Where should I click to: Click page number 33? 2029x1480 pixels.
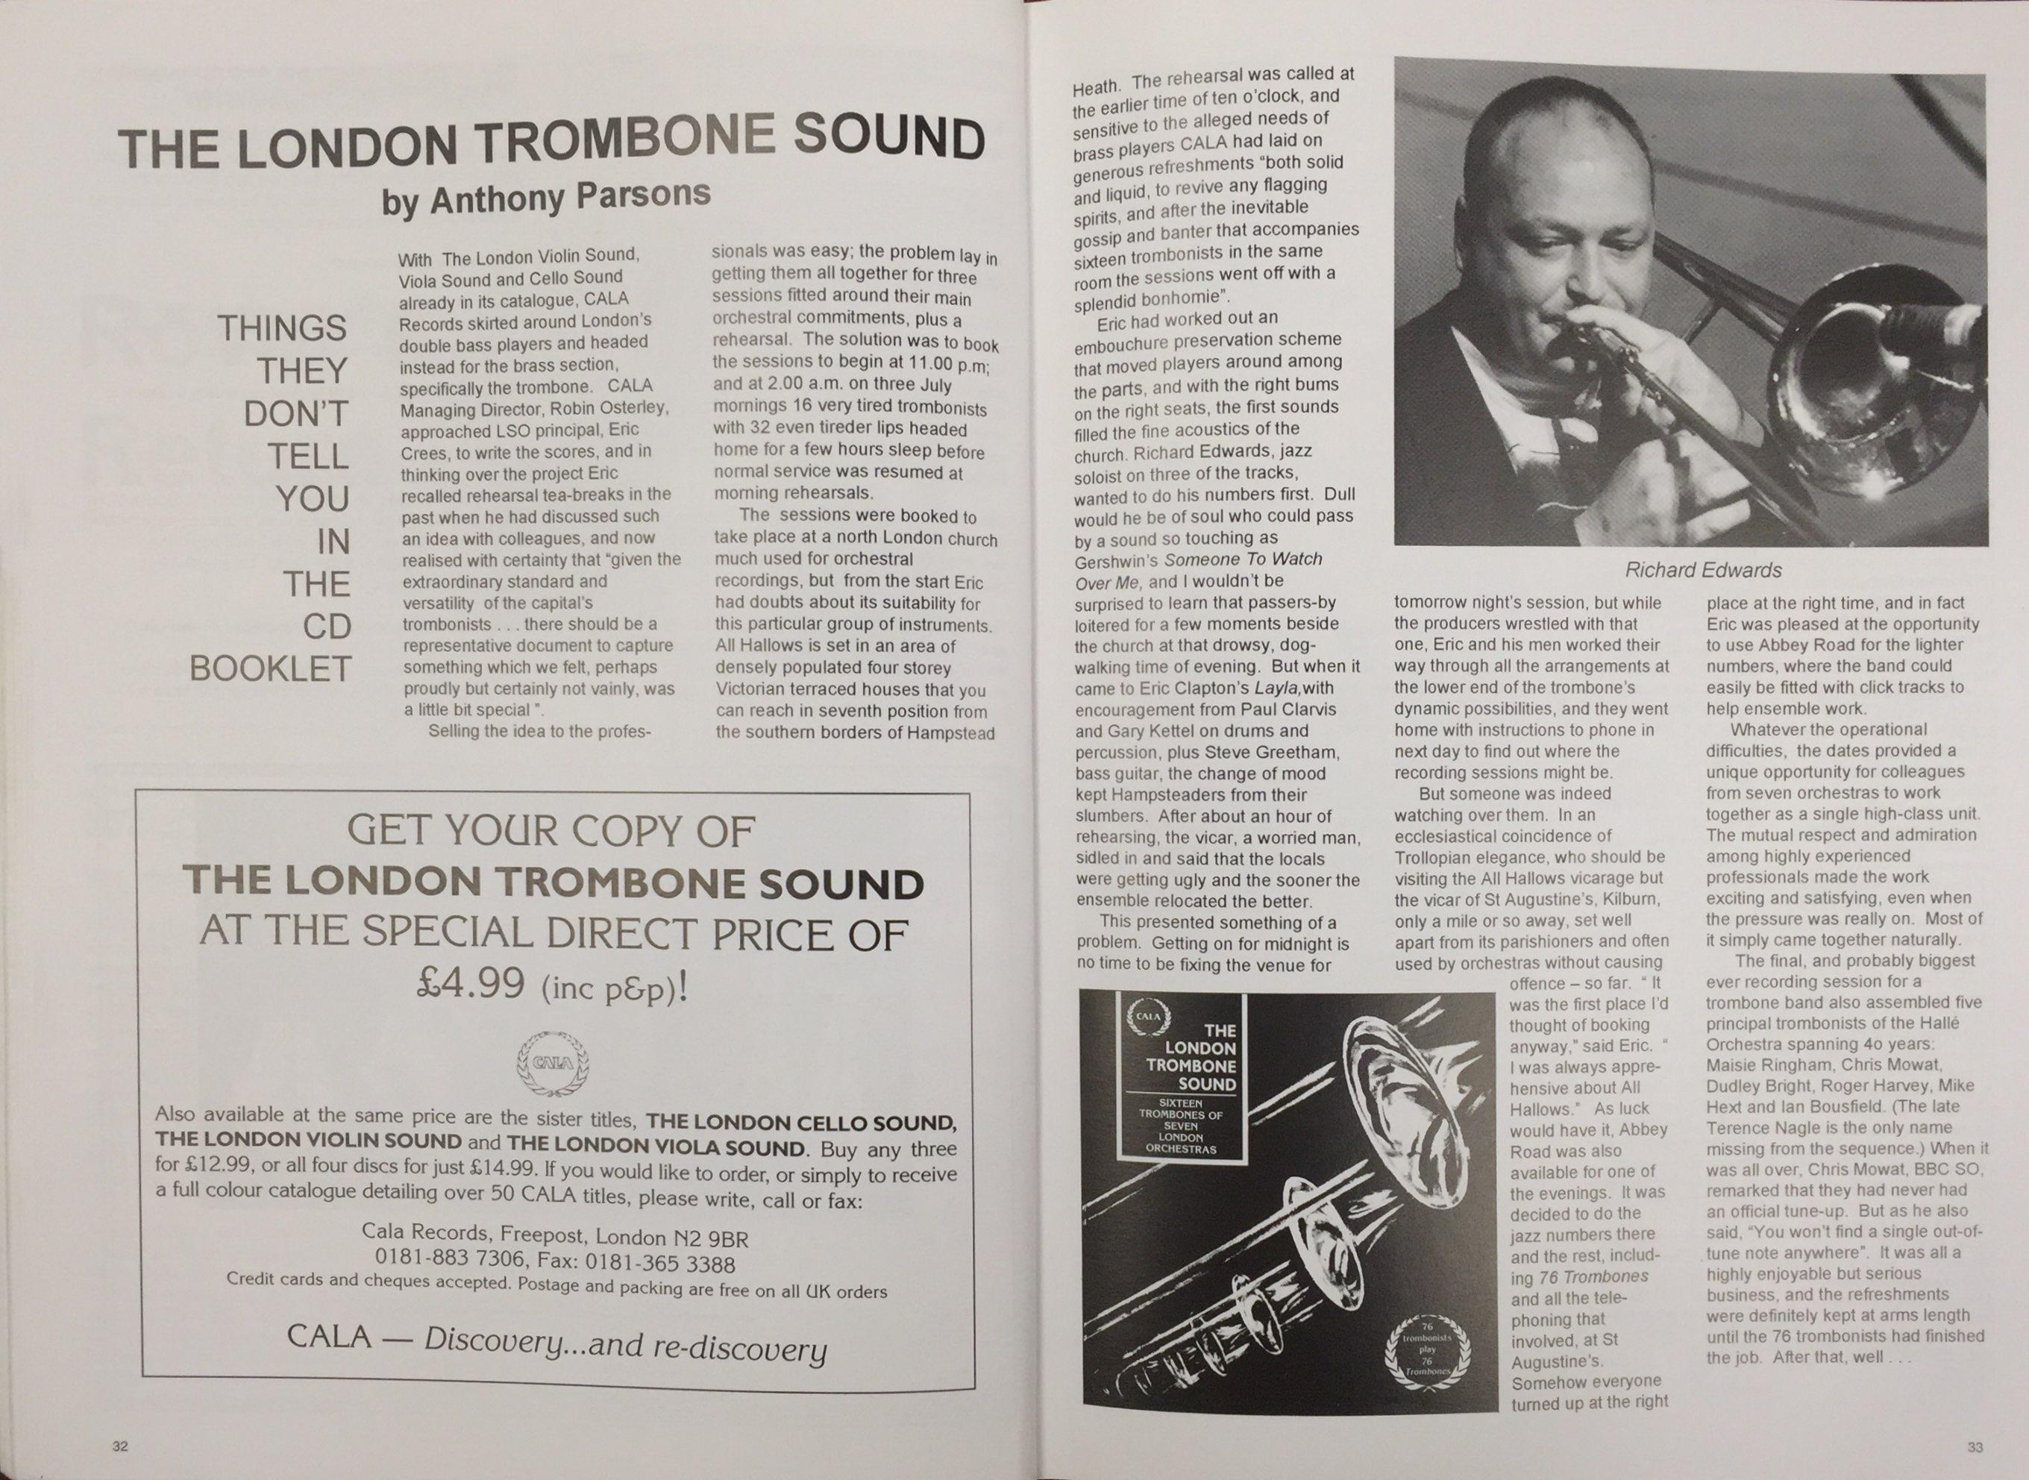1975,1447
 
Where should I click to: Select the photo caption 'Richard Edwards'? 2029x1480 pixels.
1703,570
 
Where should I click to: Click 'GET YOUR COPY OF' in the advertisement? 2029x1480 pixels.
551,833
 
